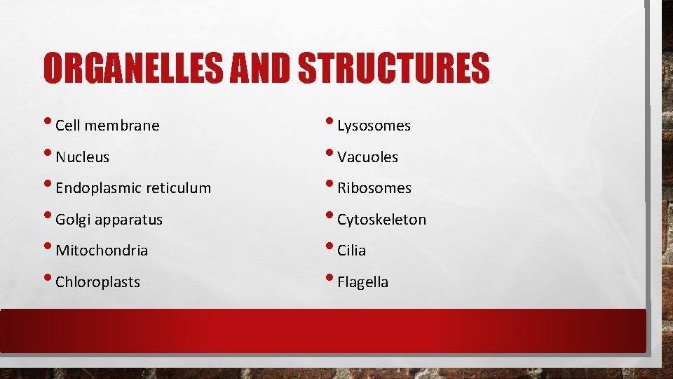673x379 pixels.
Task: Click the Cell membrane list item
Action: click(x=107, y=126)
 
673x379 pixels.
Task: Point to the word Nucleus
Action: click(x=82, y=157)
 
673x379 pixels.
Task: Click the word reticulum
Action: click(x=177, y=188)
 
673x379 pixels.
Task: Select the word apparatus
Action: click(x=129, y=220)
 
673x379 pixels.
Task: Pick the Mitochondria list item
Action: click(x=102, y=251)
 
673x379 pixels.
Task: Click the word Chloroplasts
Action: click(x=97, y=282)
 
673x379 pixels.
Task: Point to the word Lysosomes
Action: click(x=374, y=126)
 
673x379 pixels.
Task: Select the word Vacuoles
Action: click(x=367, y=157)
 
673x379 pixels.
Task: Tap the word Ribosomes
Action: click(x=374, y=188)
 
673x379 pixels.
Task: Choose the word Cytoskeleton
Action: click(x=381, y=220)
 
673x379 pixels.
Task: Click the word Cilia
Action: click(x=351, y=251)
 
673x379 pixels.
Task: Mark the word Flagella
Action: click(x=362, y=282)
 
